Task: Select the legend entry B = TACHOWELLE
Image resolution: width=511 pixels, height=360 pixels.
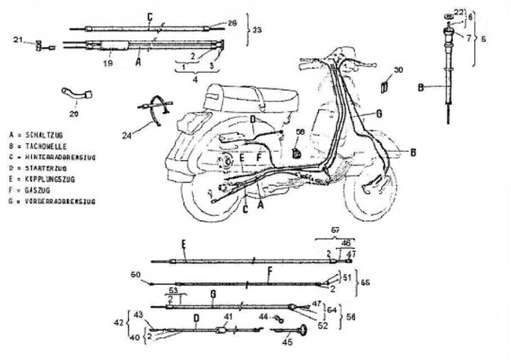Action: click(x=33, y=143)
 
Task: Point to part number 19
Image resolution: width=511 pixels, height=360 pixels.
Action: click(x=109, y=62)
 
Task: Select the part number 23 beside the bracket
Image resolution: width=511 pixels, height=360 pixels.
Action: click(x=257, y=30)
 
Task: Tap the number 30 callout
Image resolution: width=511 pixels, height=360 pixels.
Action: click(x=398, y=70)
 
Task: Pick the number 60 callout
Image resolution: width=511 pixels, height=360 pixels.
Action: click(x=136, y=274)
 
